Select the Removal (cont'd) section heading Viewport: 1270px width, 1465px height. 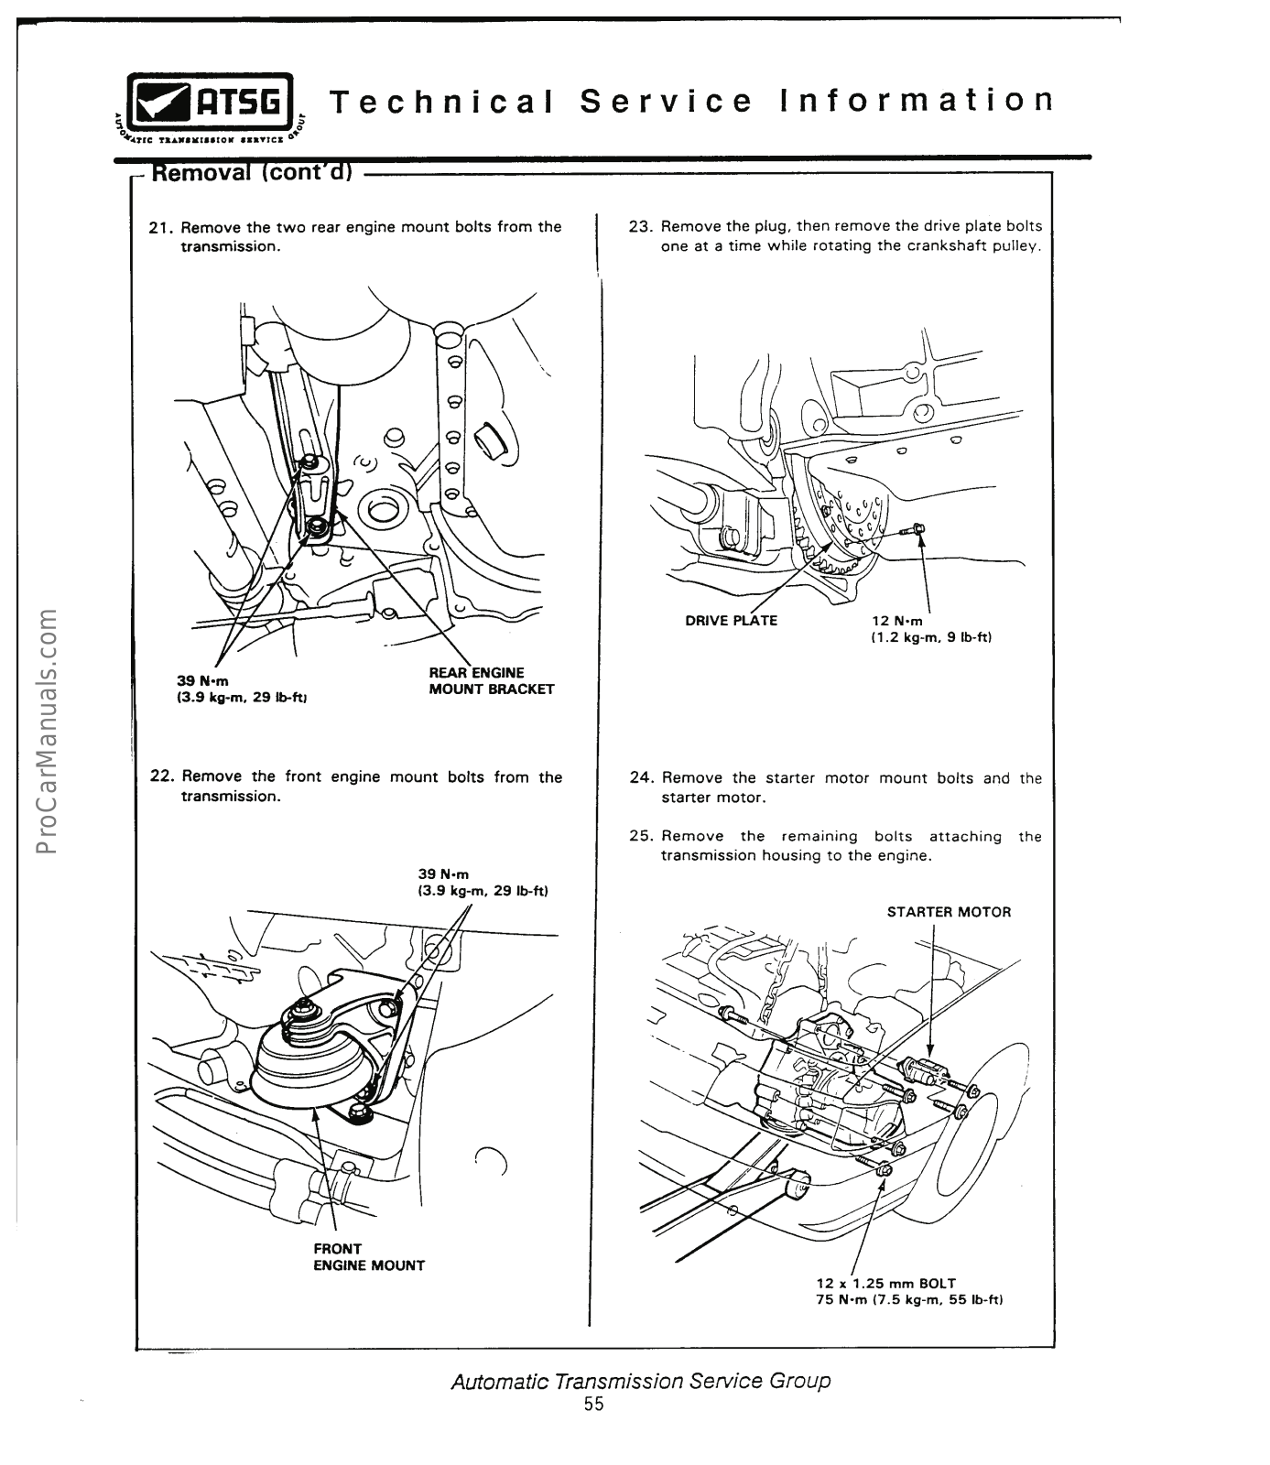coord(251,173)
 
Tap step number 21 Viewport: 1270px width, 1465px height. coord(160,227)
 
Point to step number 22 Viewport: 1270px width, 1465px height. coord(161,777)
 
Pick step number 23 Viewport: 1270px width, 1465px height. coord(639,226)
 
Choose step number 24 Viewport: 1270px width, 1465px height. coord(640,778)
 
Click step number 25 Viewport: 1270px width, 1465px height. coord(640,836)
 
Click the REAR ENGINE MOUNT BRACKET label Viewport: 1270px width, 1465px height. coord(491,681)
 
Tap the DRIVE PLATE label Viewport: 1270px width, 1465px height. coord(731,621)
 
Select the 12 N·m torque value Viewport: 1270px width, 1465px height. coord(897,621)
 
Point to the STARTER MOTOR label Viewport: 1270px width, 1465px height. coord(949,912)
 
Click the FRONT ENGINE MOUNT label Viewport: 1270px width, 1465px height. coord(368,1257)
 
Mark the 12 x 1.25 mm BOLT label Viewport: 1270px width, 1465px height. coord(885,1284)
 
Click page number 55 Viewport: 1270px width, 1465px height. coord(593,1405)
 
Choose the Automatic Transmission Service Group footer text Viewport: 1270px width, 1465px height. coord(640,1380)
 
